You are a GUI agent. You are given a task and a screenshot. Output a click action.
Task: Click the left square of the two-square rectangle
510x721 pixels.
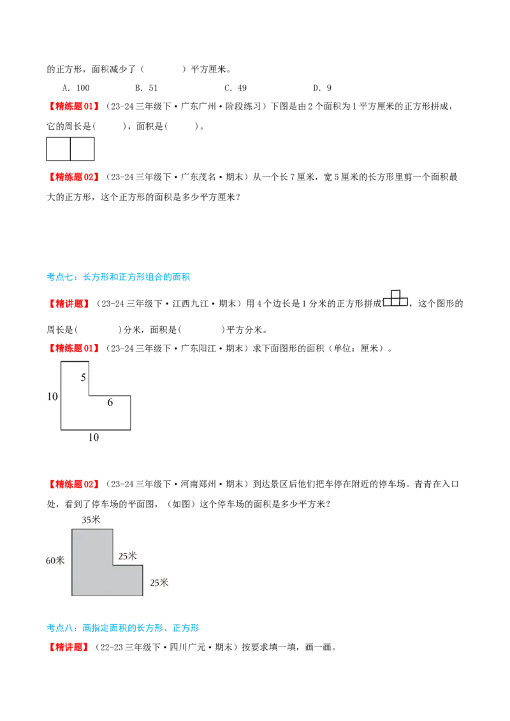58,149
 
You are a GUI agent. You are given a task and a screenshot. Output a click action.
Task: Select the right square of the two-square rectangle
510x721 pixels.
82,149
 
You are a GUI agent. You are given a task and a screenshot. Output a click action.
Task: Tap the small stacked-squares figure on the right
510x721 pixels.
395,298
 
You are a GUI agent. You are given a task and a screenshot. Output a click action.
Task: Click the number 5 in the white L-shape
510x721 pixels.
84,378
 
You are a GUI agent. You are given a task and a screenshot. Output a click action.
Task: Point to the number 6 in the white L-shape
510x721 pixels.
110,403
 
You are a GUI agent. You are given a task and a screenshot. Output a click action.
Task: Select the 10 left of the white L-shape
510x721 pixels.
52,397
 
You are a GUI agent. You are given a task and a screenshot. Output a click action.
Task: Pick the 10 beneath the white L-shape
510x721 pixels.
94,438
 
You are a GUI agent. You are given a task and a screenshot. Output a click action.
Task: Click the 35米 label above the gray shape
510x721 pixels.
91,520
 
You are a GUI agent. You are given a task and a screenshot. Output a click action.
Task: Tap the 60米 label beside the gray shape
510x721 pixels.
55,560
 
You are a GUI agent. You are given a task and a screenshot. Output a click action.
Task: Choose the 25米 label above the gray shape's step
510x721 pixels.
127,556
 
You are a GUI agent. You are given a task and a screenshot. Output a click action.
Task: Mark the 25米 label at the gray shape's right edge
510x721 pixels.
159,582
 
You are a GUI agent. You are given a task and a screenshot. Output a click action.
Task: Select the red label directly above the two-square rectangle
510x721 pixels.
74,105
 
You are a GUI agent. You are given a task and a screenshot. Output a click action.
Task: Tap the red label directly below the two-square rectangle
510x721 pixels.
74,176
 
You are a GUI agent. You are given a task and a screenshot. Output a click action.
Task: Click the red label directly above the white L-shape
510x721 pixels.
74,348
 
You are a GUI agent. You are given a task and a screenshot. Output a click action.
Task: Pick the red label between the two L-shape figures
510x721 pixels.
74,484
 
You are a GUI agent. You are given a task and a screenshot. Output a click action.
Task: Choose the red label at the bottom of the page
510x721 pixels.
68,647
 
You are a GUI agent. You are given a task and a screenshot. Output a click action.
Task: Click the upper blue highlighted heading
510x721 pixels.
119,277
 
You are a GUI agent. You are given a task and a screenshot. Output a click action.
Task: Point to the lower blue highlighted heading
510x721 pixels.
124,629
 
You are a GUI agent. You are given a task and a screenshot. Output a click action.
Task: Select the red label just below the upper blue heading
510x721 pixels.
69,303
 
